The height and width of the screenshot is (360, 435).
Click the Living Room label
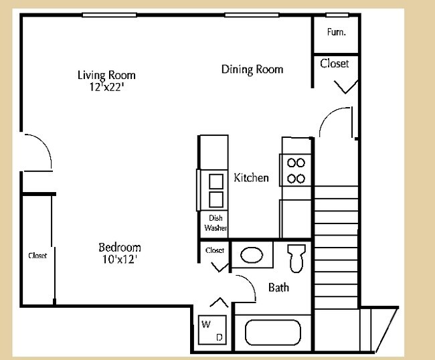(x=106, y=75)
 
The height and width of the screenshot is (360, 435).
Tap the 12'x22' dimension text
(x=106, y=86)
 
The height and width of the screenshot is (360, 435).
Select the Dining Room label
(x=252, y=69)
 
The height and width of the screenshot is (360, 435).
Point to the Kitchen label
(x=251, y=178)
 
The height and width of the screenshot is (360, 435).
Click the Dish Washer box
(x=215, y=223)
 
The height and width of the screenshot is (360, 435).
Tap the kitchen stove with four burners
(x=296, y=170)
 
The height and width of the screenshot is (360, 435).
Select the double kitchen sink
(x=215, y=190)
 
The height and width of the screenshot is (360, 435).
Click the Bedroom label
(x=120, y=246)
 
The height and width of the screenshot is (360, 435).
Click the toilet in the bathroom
(x=296, y=256)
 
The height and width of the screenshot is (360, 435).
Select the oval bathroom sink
(x=252, y=256)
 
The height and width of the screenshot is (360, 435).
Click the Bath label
(x=278, y=288)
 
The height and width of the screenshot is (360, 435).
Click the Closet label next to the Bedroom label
(x=37, y=256)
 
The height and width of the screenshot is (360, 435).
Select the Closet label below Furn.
(x=335, y=64)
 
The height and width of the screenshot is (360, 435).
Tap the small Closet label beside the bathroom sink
(x=215, y=250)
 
